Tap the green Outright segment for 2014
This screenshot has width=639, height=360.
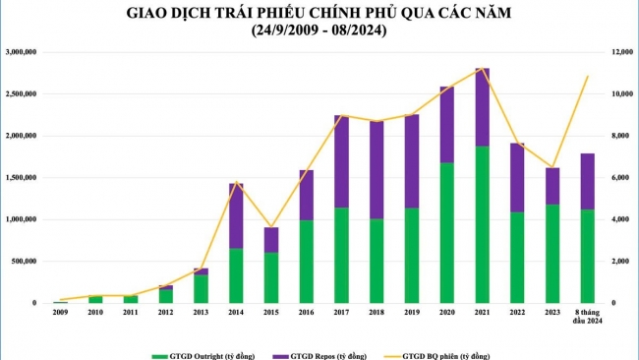coord(237,275)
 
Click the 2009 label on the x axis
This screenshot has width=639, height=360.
coord(61,312)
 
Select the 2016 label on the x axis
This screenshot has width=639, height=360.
coord(306,312)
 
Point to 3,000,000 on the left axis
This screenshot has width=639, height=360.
coord(22,52)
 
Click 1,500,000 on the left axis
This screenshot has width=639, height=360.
coord(22,178)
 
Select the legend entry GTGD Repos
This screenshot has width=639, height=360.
coord(338,354)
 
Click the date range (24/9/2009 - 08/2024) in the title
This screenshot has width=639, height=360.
coord(319,31)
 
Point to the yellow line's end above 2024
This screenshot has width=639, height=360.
coord(587,77)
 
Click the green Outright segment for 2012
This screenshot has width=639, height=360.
coord(166,296)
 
